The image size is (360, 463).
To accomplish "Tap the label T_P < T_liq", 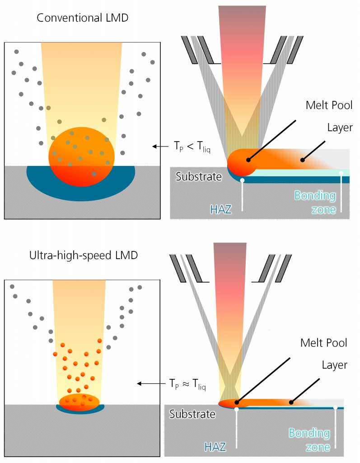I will pyautogui.click(x=187, y=146).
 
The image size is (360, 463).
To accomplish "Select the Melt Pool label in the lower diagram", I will pyautogui.click(x=324, y=343).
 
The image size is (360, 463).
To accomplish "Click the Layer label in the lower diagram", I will pyautogui.click(x=334, y=365).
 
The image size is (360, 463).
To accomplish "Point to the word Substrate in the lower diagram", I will pyautogui.click(x=192, y=414).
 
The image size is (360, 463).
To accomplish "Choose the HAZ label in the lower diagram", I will pyautogui.click(x=215, y=447).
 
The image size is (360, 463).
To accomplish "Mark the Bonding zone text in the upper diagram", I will pyautogui.click(x=315, y=203).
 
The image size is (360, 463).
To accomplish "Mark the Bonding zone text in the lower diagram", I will pyautogui.click(x=309, y=440).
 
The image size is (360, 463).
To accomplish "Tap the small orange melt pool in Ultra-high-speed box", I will pyautogui.click(x=79, y=402).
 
